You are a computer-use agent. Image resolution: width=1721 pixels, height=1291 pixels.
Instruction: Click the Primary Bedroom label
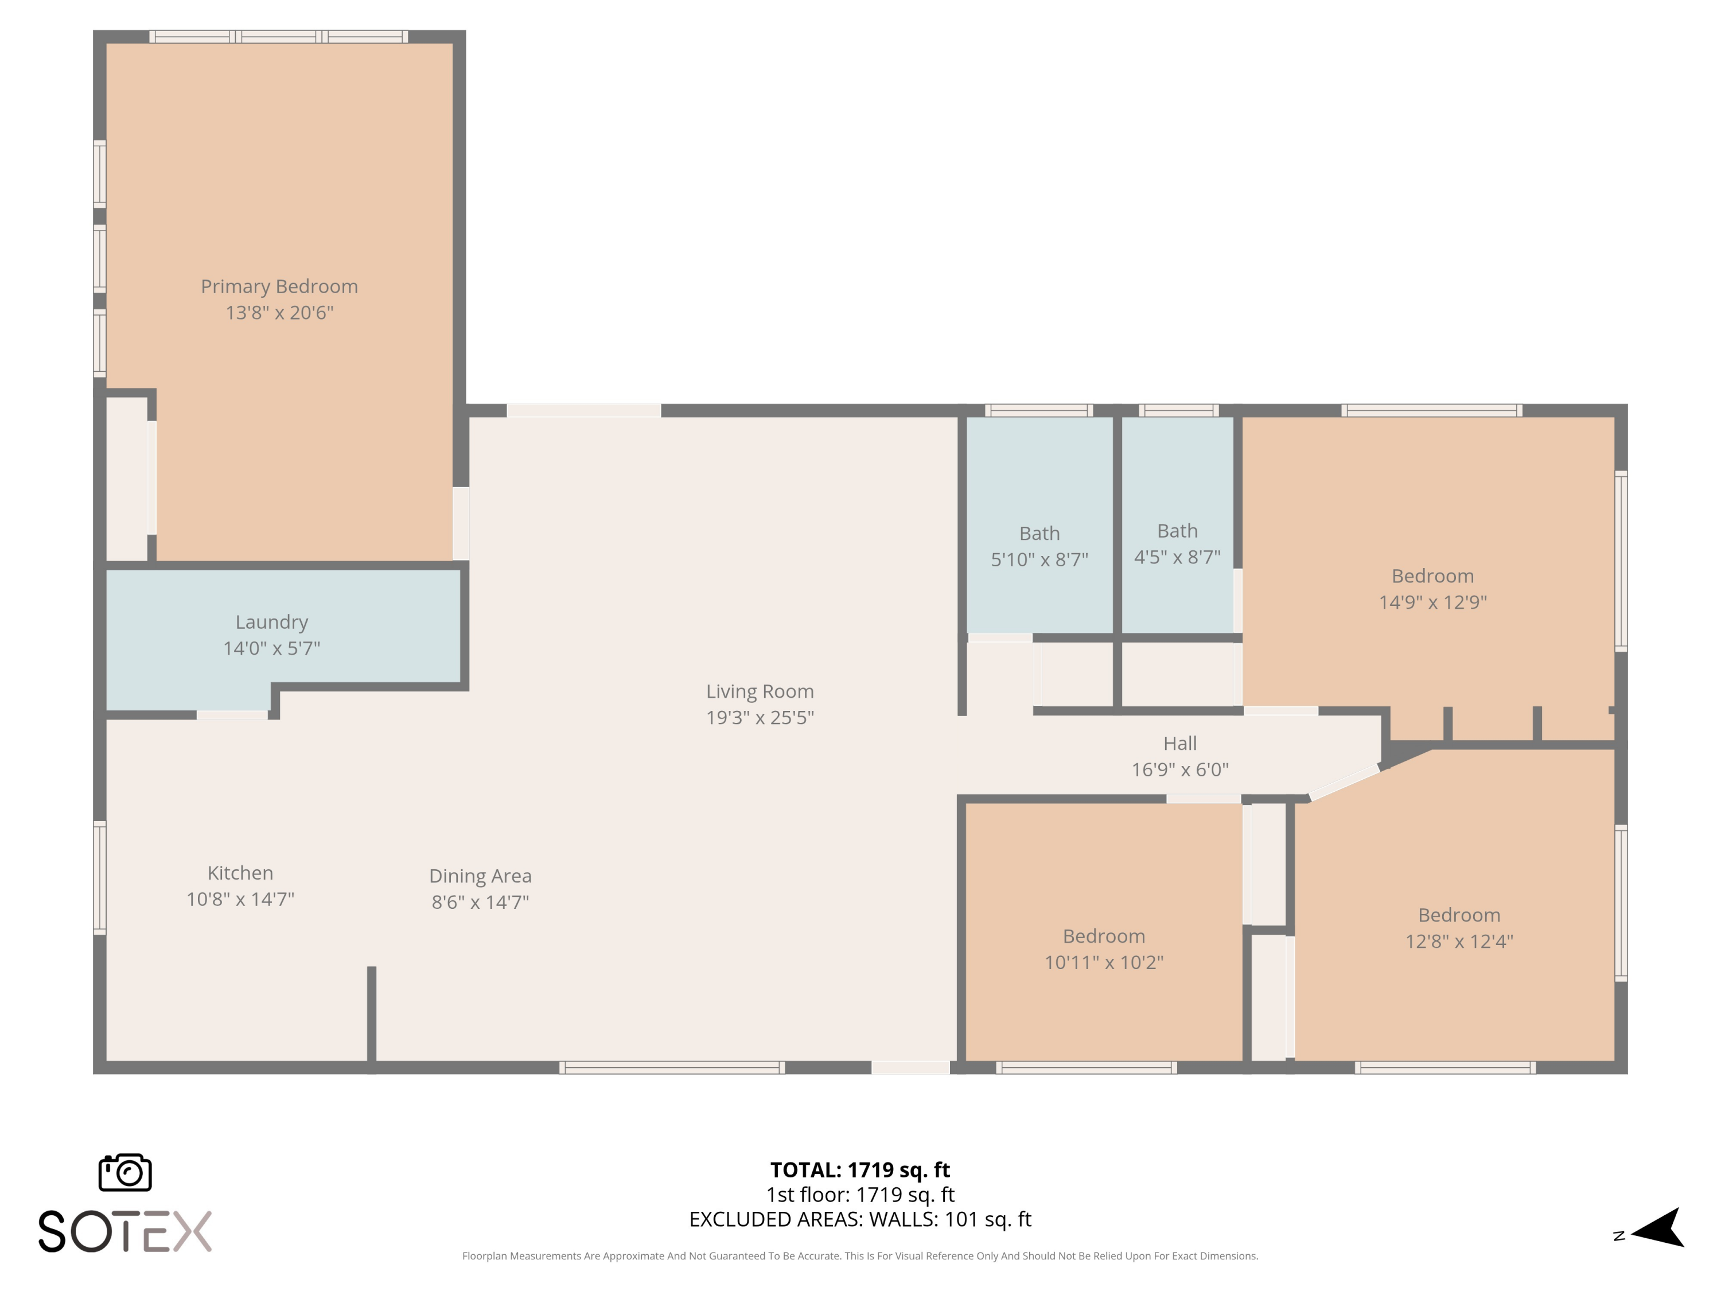point(279,286)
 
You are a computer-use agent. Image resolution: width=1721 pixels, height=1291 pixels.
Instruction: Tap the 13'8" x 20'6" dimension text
point(279,313)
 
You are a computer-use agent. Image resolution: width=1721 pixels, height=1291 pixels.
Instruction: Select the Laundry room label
point(271,623)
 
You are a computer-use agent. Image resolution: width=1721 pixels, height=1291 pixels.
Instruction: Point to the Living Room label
point(760,691)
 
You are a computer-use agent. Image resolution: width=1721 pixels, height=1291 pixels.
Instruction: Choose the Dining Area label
point(481,876)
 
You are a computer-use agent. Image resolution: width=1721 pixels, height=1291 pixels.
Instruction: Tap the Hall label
point(1180,743)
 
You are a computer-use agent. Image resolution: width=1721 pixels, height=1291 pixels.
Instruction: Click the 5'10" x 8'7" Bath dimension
point(1039,559)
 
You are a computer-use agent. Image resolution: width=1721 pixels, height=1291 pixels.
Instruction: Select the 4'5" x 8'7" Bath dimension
point(1177,557)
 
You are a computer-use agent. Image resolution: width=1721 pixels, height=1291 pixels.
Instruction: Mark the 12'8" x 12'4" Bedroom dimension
point(1459,942)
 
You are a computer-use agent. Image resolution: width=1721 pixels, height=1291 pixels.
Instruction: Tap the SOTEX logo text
point(125,1231)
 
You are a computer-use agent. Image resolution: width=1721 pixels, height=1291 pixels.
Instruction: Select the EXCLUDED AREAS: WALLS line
point(860,1219)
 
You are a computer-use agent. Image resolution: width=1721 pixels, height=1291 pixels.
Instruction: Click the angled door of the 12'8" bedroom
point(1345,783)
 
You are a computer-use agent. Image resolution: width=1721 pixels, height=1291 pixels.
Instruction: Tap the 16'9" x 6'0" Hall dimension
point(1180,769)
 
